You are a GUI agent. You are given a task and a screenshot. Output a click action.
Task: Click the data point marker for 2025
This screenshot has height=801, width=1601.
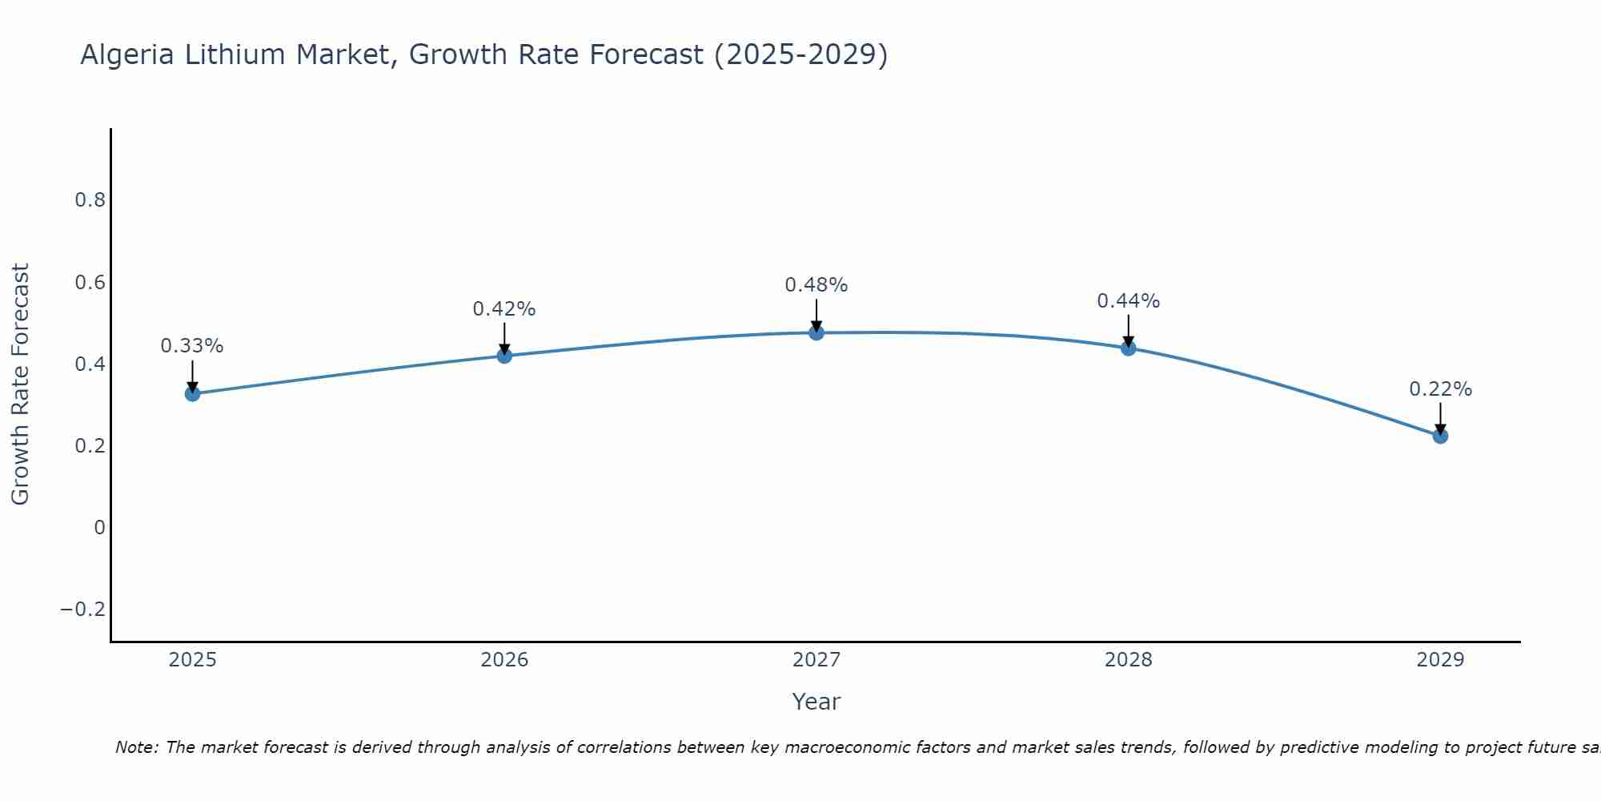coord(192,393)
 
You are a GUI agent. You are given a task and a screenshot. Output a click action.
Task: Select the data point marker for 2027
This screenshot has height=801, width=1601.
coord(816,332)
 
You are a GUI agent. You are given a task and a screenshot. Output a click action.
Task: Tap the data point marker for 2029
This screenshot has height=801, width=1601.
coord(1440,436)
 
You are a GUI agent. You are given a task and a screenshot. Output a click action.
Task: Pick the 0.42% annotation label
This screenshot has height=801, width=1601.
coord(504,309)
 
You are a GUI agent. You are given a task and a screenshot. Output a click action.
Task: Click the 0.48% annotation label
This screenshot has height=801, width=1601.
coord(816,285)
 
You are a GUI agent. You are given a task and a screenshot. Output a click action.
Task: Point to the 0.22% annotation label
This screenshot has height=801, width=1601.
coord(1440,389)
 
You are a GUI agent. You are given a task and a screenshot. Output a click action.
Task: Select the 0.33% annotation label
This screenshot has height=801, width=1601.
coord(192,346)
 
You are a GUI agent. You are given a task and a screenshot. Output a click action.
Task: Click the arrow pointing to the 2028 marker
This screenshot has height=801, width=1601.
coord(1128,331)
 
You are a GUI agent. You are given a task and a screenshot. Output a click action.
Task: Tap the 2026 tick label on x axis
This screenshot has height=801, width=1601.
coord(504,660)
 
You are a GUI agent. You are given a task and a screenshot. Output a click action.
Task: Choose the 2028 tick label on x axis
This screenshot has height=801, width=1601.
coord(1128,660)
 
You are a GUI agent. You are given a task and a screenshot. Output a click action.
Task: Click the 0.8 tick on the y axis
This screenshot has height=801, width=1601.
coord(90,200)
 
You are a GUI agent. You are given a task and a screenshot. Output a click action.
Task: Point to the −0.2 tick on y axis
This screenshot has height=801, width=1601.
coord(83,610)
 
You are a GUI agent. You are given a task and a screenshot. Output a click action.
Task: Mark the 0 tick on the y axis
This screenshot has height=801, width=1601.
coord(99,528)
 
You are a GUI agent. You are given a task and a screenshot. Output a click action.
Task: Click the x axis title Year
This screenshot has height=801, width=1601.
coord(816,702)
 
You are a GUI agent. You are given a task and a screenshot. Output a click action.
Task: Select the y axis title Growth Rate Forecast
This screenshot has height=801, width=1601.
coord(20,384)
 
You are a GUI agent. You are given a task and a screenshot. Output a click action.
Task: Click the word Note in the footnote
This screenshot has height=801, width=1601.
coord(135,747)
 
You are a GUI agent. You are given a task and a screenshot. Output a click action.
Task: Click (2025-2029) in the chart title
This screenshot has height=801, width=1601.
coord(800,54)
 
